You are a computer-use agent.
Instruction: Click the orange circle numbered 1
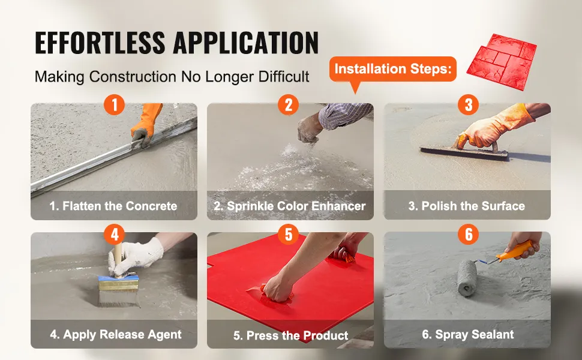coord(115,104)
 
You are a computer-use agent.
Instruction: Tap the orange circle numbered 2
coord(289,104)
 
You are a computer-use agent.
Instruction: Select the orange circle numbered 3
coord(469,104)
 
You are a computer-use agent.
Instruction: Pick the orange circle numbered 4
coord(115,234)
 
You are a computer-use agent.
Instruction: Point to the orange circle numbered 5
coord(289,234)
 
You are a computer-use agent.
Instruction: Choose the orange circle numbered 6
coord(469,234)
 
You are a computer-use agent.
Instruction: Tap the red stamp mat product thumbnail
coord(502,62)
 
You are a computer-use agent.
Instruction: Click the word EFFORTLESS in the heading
coord(100,43)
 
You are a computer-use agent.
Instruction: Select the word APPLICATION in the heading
coord(246,43)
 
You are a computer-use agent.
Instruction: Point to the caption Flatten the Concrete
coord(113,206)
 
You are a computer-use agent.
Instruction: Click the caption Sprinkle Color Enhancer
coord(290,206)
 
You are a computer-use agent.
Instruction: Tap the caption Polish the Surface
coord(467,206)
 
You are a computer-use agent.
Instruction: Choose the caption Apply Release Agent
coord(116,334)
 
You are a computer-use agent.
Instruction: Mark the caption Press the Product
coord(290,335)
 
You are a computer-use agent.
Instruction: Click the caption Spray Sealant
coord(467,334)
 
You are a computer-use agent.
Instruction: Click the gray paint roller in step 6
coord(467,278)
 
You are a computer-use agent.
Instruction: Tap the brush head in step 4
coord(119,291)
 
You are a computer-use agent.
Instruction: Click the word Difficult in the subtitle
coord(284,76)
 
